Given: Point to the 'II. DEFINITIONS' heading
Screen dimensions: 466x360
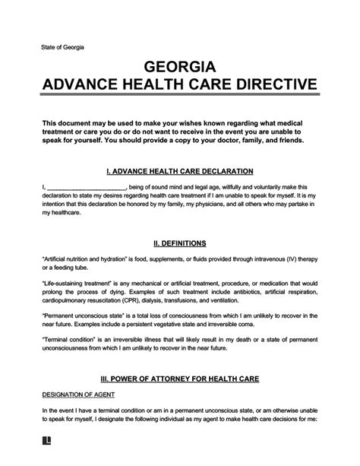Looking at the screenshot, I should point(180,244).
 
